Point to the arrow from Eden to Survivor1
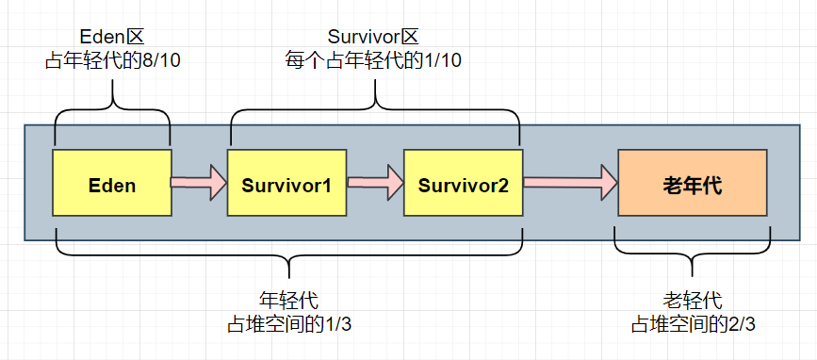[199, 182]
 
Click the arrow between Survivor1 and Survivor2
[375, 182]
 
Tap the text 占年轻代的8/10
[111, 61]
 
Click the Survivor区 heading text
[373, 38]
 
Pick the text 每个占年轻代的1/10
[373, 60]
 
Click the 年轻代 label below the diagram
[288, 301]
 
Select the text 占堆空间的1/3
[288, 323]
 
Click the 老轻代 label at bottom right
[693, 301]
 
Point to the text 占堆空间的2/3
[693, 323]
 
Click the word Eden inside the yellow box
[112, 186]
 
